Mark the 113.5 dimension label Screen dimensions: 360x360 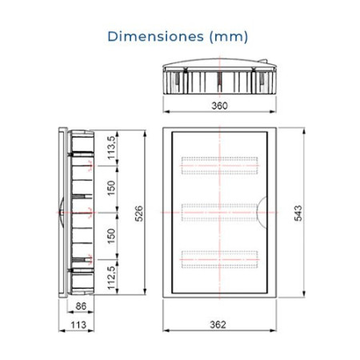coord(112,147)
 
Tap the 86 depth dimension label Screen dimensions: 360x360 coord(80,306)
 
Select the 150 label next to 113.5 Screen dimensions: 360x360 coord(112,189)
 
